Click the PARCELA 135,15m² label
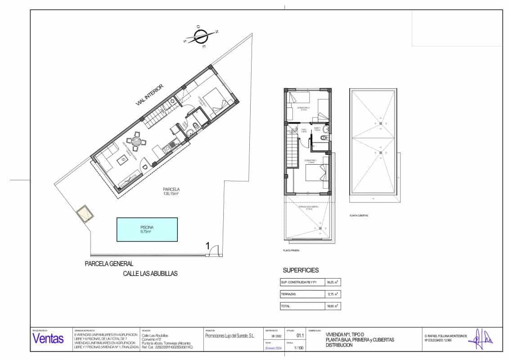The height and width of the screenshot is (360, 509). (x=171, y=192)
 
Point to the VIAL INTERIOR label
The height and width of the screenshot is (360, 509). (x=150, y=95)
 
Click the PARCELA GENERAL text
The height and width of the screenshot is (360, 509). (x=109, y=264)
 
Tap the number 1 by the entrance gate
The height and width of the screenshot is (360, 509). (x=207, y=246)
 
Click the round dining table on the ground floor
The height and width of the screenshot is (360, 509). (x=136, y=140)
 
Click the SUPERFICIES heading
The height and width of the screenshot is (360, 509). (x=301, y=270)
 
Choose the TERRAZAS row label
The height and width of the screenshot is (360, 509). (x=289, y=294)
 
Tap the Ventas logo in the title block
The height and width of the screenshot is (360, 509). (x=48, y=339)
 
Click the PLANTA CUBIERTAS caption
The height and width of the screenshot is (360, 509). (x=359, y=216)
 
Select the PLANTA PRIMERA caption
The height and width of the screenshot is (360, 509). (x=291, y=250)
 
